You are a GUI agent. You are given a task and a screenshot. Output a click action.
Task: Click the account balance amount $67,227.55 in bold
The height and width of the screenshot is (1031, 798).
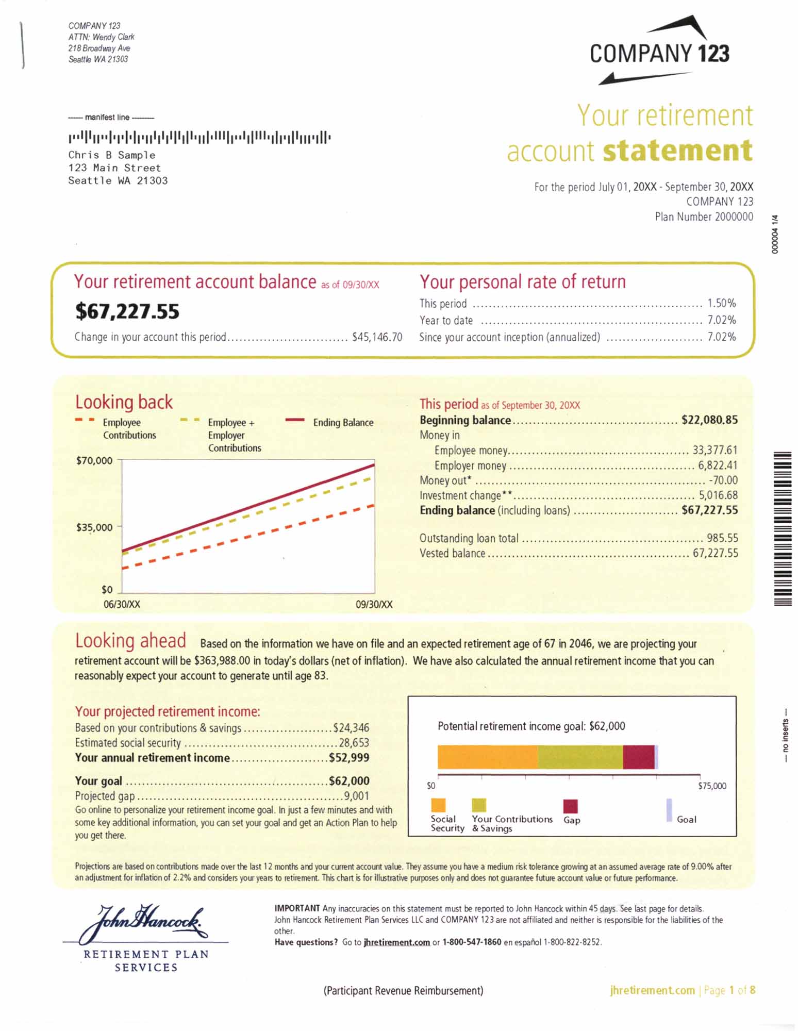tap(127, 311)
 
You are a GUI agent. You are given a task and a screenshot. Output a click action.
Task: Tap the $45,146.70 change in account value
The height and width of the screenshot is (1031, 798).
tap(377, 337)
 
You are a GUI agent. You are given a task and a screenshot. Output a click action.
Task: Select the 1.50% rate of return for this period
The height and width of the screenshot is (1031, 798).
tap(721, 303)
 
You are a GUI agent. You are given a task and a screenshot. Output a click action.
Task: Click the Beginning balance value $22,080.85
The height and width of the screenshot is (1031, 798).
tap(709, 420)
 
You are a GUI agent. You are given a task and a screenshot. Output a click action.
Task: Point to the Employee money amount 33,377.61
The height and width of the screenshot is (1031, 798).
tap(714, 450)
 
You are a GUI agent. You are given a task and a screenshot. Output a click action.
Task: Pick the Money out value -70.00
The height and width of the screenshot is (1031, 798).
tap(723, 480)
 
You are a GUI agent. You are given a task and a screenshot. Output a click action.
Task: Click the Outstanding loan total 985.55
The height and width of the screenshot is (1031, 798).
tap(722, 538)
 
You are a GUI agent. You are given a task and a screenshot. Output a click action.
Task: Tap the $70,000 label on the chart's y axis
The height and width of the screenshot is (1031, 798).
tap(94, 460)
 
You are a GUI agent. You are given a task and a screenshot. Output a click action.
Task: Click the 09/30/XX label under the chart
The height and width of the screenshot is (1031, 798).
tap(374, 604)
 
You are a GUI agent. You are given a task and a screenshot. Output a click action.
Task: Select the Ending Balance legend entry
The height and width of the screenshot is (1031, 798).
tap(343, 423)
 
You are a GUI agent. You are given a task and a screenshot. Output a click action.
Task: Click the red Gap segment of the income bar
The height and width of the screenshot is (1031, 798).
tap(638, 757)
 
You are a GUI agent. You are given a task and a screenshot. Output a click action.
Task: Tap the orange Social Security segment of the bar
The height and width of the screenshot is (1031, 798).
tap(487, 757)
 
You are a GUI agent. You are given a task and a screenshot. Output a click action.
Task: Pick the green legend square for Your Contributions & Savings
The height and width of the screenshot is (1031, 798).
tap(479, 805)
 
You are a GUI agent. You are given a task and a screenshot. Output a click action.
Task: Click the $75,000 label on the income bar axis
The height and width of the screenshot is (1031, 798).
tap(712, 786)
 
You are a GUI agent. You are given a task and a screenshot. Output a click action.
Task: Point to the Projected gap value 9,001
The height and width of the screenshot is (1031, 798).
tap(356, 796)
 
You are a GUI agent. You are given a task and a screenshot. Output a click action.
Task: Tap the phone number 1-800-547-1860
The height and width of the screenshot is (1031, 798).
tap(472, 942)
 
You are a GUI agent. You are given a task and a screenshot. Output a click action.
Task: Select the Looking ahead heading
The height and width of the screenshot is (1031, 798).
tap(130, 641)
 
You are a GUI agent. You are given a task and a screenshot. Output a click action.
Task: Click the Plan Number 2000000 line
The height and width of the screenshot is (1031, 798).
tap(704, 217)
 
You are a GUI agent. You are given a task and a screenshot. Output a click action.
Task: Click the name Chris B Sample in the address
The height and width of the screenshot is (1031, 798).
tap(112, 155)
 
